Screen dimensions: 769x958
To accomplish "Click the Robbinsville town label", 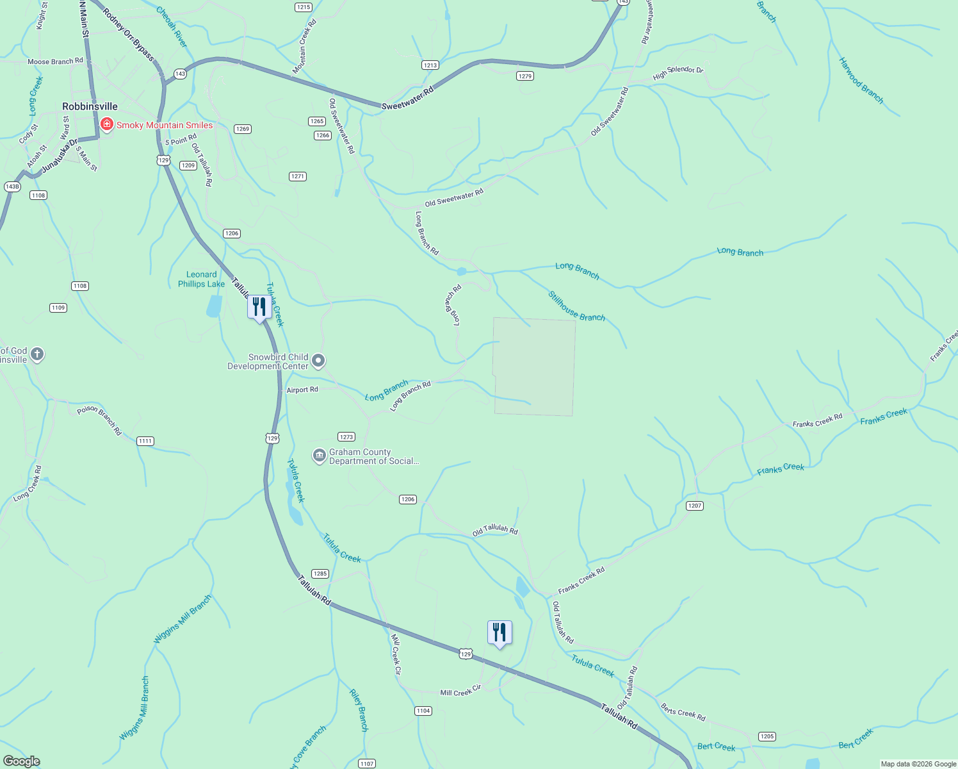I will click(x=90, y=106).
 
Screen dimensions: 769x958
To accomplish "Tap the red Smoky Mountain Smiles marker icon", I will click(x=107, y=124).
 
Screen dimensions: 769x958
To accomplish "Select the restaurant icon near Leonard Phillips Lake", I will click(x=259, y=307).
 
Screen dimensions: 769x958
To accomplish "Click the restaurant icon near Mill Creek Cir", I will click(x=499, y=633).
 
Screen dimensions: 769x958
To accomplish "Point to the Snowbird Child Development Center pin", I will click(x=318, y=361).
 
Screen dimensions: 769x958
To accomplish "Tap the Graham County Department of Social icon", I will click(x=319, y=456).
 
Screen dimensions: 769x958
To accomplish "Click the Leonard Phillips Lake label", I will click(x=201, y=279).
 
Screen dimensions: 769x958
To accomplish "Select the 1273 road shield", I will click(x=346, y=437).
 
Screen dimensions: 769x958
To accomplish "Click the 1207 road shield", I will click(x=695, y=506).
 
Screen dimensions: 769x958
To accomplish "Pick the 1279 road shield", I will click(x=524, y=76).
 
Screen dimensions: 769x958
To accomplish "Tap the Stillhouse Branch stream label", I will click(x=576, y=307).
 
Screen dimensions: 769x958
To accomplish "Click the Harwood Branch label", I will click(x=861, y=81).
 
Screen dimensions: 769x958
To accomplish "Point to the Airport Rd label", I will click(x=302, y=390).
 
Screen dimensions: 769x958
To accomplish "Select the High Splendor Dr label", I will click(x=678, y=73).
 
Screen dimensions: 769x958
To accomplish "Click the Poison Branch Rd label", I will click(x=99, y=420).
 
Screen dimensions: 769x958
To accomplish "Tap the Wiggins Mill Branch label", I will click(x=183, y=620).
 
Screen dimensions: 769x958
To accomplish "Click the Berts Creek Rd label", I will click(x=683, y=712).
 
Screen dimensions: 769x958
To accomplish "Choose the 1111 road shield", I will click(x=145, y=441).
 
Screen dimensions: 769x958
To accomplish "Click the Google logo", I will click(x=22, y=761).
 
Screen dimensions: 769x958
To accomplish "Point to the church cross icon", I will click(x=37, y=354).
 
